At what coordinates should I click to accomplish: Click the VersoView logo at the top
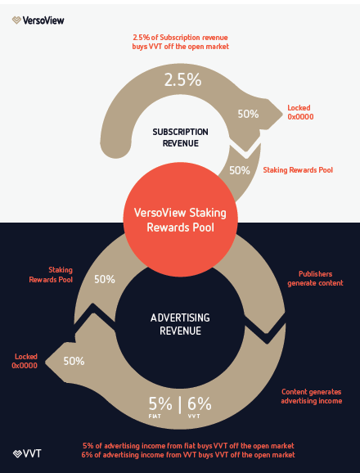(38, 20)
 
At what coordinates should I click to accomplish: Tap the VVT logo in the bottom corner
(27, 453)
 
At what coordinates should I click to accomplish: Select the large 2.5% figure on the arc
(182, 80)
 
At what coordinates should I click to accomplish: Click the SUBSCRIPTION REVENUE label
(180, 137)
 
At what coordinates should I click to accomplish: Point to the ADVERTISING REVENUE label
(180, 324)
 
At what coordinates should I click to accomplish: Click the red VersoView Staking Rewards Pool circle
(180, 219)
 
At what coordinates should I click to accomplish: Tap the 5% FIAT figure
(160, 407)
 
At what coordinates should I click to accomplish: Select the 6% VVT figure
(200, 407)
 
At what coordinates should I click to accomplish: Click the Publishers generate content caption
(315, 278)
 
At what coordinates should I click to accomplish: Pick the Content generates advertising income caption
(312, 396)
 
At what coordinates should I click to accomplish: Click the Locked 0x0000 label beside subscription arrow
(300, 112)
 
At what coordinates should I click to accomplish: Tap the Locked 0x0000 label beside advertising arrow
(25, 361)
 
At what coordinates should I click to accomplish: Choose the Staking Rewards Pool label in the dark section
(51, 275)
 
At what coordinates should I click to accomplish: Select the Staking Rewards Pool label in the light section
(298, 170)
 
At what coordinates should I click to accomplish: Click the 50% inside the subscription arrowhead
(248, 114)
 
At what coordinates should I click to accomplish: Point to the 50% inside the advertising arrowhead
(74, 361)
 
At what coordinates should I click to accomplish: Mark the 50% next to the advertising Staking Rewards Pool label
(105, 279)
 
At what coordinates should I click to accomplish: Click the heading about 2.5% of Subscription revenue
(180, 42)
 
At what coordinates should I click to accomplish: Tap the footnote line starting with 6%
(188, 455)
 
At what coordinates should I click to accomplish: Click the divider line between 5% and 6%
(180, 405)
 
